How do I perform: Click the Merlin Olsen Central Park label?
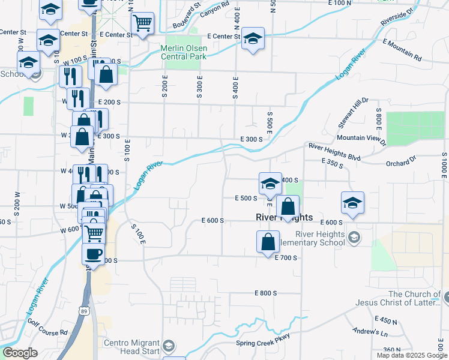(183, 52)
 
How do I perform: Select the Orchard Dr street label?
(401, 161)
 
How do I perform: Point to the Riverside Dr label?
(397, 18)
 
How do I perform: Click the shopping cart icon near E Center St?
(142, 23)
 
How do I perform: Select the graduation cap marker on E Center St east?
(253, 39)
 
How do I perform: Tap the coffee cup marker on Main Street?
(93, 253)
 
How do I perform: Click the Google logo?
(20, 353)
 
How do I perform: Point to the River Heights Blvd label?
(334, 152)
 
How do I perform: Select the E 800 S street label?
(265, 293)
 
